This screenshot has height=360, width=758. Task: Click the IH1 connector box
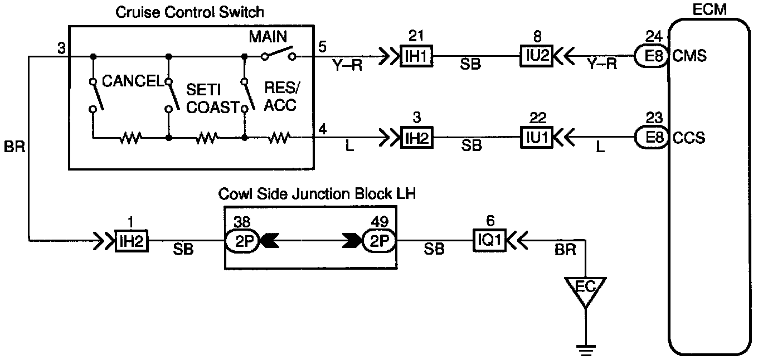click(416, 56)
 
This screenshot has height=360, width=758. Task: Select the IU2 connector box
click(537, 56)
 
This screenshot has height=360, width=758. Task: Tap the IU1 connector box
click(537, 137)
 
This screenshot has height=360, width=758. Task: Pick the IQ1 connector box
click(489, 241)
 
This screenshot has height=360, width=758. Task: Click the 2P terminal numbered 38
click(242, 241)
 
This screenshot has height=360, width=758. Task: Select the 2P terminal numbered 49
click(379, 241)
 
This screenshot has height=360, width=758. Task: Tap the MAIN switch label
click(268, 37)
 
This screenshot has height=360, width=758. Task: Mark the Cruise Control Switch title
click(189, 12)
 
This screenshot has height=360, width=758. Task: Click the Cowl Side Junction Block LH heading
click(317, 194)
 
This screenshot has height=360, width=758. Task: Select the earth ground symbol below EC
click(586, 350)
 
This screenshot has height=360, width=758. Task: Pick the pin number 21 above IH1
click(416, 36)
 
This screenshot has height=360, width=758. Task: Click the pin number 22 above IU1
click(538, 118)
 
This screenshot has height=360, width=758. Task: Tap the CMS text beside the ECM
click(689, 56)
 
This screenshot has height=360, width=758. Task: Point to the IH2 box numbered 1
click(132, 241)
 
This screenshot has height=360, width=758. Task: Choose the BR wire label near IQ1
click(565, 250)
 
